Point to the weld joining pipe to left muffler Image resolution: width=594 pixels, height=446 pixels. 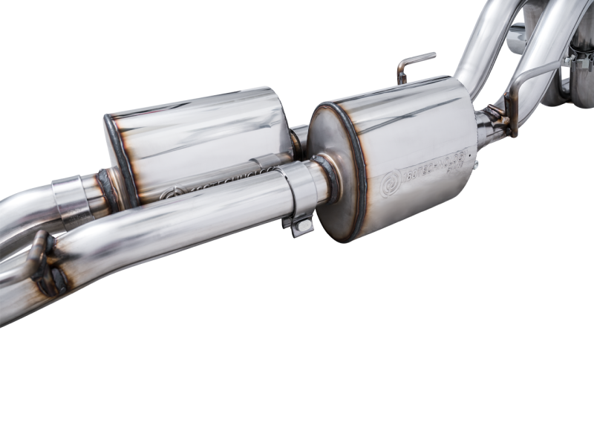tap(109, 190)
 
